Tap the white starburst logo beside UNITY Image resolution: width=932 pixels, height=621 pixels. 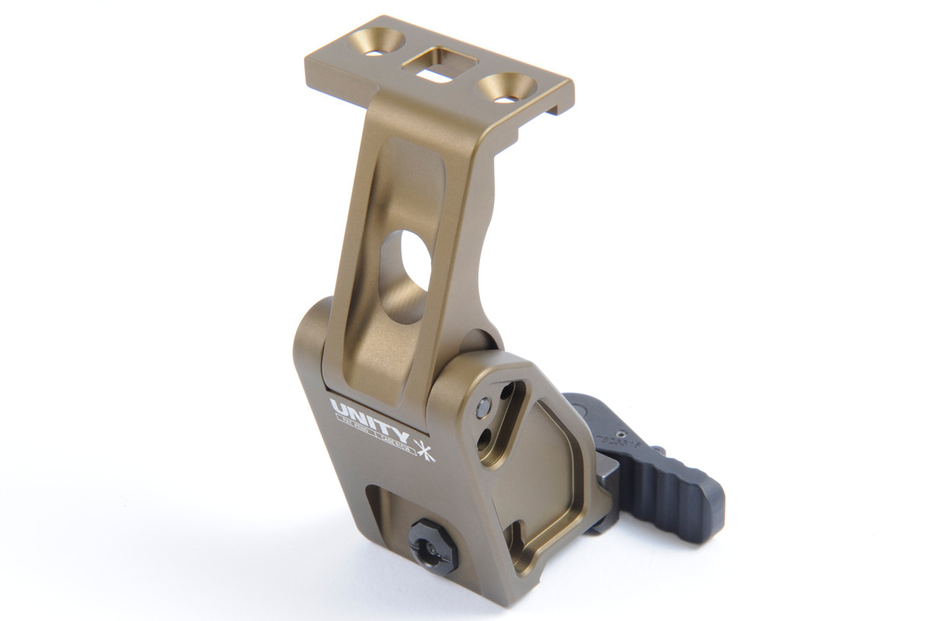[425, 449]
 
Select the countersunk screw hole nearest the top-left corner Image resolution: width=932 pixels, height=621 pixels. [376, 43]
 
